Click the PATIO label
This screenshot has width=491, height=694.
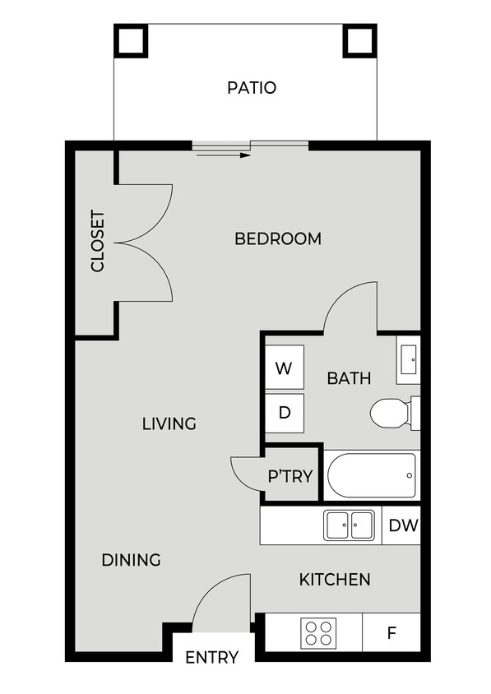(x=252, y=87)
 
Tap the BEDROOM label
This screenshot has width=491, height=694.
(x=277, y=238)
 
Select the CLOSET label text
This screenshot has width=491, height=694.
(x=98, y=242)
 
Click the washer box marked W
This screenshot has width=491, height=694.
(x=284, y=368)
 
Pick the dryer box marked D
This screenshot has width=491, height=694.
(x=284, y=413)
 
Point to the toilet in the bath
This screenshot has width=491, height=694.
(x=392, y=413)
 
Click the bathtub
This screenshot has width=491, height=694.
(x=371, y=475)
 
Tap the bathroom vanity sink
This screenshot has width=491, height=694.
(x=408, y=359)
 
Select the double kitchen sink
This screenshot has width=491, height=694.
(x=349, y=525)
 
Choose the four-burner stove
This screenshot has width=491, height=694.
(x=318, y=632)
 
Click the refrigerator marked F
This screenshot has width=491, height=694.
(x=391, y=633)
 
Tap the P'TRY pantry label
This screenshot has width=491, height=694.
(x=291, y=475)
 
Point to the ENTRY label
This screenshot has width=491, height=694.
(x=211, y=657)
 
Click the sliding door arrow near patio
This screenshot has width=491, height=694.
(x=223, y=154)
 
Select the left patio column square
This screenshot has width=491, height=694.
(x=131, y=40)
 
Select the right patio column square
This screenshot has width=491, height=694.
(x=359, y=40)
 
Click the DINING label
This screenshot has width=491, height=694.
(x=131, y=560)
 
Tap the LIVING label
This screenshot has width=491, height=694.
(x=169, y=423)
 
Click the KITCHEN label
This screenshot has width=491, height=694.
(x=334, y=580)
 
